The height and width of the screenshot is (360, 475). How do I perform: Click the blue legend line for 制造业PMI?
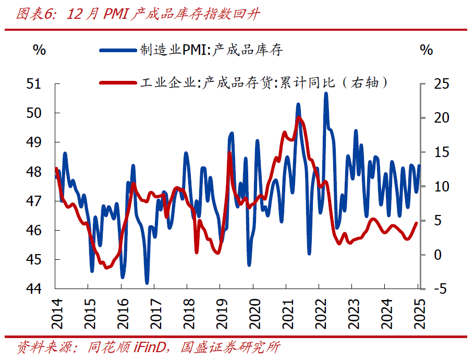point(118,50)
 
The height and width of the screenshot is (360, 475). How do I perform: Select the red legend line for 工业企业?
point(118,82)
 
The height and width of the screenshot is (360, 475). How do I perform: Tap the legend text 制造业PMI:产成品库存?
point(211,50)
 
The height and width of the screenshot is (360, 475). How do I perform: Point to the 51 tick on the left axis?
point(40,83)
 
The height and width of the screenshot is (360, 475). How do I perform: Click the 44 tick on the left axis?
point(40,289)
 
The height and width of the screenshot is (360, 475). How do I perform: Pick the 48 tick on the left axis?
point(40,172)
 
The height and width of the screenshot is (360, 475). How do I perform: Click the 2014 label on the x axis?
point(55,314)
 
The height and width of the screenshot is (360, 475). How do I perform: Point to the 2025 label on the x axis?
point(418,314)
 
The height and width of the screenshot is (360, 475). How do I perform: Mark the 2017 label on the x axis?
point(154,314)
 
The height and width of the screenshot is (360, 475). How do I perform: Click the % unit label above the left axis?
point(40,50)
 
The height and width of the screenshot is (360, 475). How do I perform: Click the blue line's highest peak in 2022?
point(326,94)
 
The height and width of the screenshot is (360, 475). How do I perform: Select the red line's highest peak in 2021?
point(298,118)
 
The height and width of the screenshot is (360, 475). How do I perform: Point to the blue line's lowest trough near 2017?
point(147,282)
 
